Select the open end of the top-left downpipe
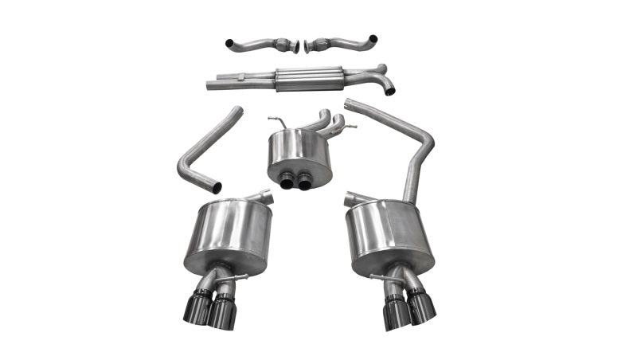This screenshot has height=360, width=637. (x=229, y=42)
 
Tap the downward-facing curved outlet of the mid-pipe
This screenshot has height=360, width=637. (x=388, y=89)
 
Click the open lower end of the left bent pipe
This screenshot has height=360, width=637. (x=215, y=188)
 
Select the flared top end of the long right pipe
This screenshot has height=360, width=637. (x=349, y=104)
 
